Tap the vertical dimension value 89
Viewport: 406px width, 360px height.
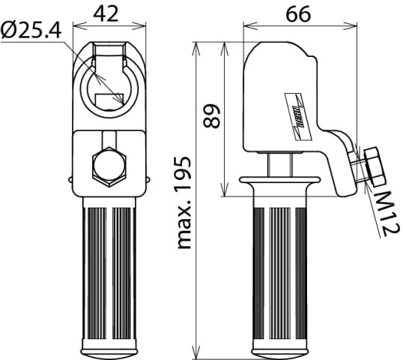click(x=213, y=116)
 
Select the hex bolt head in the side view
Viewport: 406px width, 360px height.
click(x=372, y=166)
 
